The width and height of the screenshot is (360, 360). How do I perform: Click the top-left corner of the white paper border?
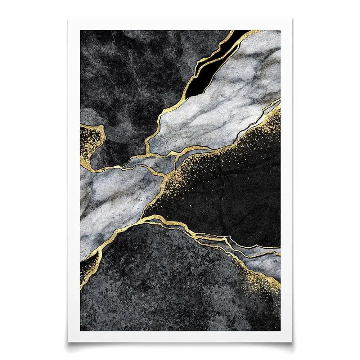pyautogui.click(x=68, y=19)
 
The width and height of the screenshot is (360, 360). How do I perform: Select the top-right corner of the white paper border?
pyautogui.click(x=292, y=19)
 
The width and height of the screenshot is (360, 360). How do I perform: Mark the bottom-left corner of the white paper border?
pyautogui.click(x=68, y=341)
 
